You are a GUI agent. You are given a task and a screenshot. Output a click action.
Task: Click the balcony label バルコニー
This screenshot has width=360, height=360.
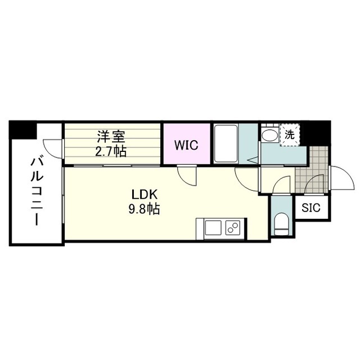click(x=36, y=191)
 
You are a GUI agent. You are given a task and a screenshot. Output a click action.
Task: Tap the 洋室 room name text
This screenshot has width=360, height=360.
click(x=110, y=136)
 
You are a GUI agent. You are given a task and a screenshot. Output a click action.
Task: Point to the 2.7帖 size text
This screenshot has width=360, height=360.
click(x=110, y=151)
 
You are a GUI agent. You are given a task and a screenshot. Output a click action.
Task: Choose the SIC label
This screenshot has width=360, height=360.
click(x=310, y=208)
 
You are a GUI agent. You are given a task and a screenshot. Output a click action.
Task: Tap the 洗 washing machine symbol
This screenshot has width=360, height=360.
click(x=289, y=134)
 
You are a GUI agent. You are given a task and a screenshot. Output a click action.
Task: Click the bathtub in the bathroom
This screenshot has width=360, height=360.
click(x=225, y=144)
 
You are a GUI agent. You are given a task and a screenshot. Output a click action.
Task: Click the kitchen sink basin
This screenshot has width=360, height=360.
click(x=214, y=228)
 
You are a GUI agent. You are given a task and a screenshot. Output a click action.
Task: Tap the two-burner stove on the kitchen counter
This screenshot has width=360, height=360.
click(x=232, y=228)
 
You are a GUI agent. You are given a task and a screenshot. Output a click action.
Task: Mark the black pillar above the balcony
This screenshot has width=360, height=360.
click(x=23, y=129)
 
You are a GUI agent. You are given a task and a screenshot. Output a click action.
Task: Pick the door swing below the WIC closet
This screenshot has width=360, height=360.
click(x=187, y=176)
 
